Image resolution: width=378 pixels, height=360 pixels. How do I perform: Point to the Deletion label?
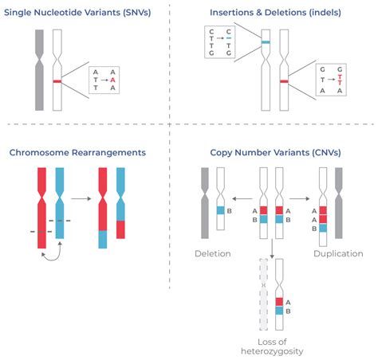[212, 253]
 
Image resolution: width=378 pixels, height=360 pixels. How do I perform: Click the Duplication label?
[333, 253]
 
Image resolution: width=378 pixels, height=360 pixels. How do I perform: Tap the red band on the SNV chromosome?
[57, 81]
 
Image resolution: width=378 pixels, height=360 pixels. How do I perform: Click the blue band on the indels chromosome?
[265, 41]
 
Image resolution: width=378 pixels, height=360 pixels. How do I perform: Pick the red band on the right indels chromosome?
[284, 80]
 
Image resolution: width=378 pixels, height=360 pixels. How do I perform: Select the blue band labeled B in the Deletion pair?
[221, 210]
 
